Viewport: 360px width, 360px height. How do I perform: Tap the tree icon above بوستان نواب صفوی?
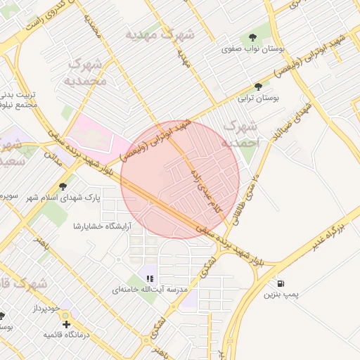tap(251, 37)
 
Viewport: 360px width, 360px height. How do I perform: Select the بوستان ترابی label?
tap(259, 99)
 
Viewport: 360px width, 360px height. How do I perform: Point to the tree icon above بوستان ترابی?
tap(259, 87)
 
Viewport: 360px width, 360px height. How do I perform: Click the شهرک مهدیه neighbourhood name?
tap(160, 34)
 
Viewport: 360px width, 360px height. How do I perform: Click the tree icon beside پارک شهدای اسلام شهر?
tap(63, 187)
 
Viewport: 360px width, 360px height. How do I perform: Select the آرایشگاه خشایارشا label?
tap(98, 226)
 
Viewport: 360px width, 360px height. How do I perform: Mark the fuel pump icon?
tap(282, 284)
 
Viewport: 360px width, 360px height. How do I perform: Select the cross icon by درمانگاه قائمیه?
tap(66, 324)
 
